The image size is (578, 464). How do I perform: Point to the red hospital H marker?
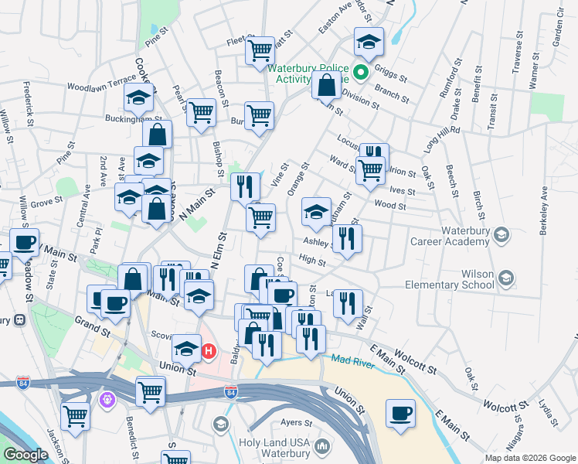208,352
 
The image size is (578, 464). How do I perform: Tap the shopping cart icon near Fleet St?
260,51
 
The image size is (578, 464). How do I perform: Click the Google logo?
25,455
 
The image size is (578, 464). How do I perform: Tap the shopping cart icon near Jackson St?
75,416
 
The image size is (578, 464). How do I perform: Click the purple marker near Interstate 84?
107,400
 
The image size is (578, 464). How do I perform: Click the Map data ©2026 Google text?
529,458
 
